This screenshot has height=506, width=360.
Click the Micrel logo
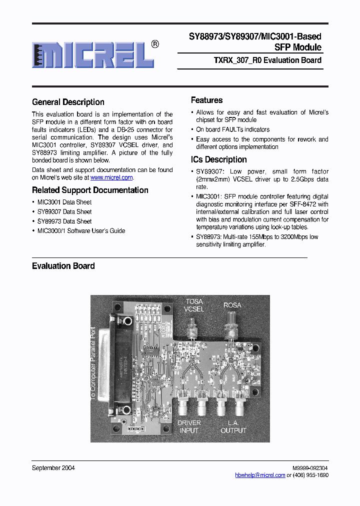(x=93, y=54)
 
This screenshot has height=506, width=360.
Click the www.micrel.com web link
(x=111, y=177)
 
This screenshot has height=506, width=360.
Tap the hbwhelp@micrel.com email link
(x=260, y=475)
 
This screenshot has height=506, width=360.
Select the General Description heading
(x=68, y=102)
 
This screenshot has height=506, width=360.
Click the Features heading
(x=206, y=100)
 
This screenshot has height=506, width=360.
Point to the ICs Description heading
(x=218, y=159)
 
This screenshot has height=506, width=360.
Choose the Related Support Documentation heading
(x=90, y=190)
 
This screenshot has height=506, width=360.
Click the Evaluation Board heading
(x=63, y=266)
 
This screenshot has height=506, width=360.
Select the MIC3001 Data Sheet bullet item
(x=64, y=202)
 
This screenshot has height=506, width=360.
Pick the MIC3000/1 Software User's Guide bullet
(x=81, y=230)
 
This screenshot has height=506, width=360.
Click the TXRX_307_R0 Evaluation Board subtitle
(x=267, y=60)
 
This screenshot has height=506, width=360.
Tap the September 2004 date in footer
(x=53, y=468)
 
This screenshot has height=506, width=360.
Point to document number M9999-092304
(x=310, y=468)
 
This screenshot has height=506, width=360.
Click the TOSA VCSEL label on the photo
(x=194, y=305)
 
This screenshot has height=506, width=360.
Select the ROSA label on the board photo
(x=232, y=305)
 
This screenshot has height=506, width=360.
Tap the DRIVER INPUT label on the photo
(x=189, y=426)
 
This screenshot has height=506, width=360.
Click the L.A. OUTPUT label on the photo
(x=233, y=426)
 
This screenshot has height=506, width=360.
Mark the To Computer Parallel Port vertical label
(x=92, y=362)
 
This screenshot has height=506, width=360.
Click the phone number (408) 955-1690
(x=311, y=475)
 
